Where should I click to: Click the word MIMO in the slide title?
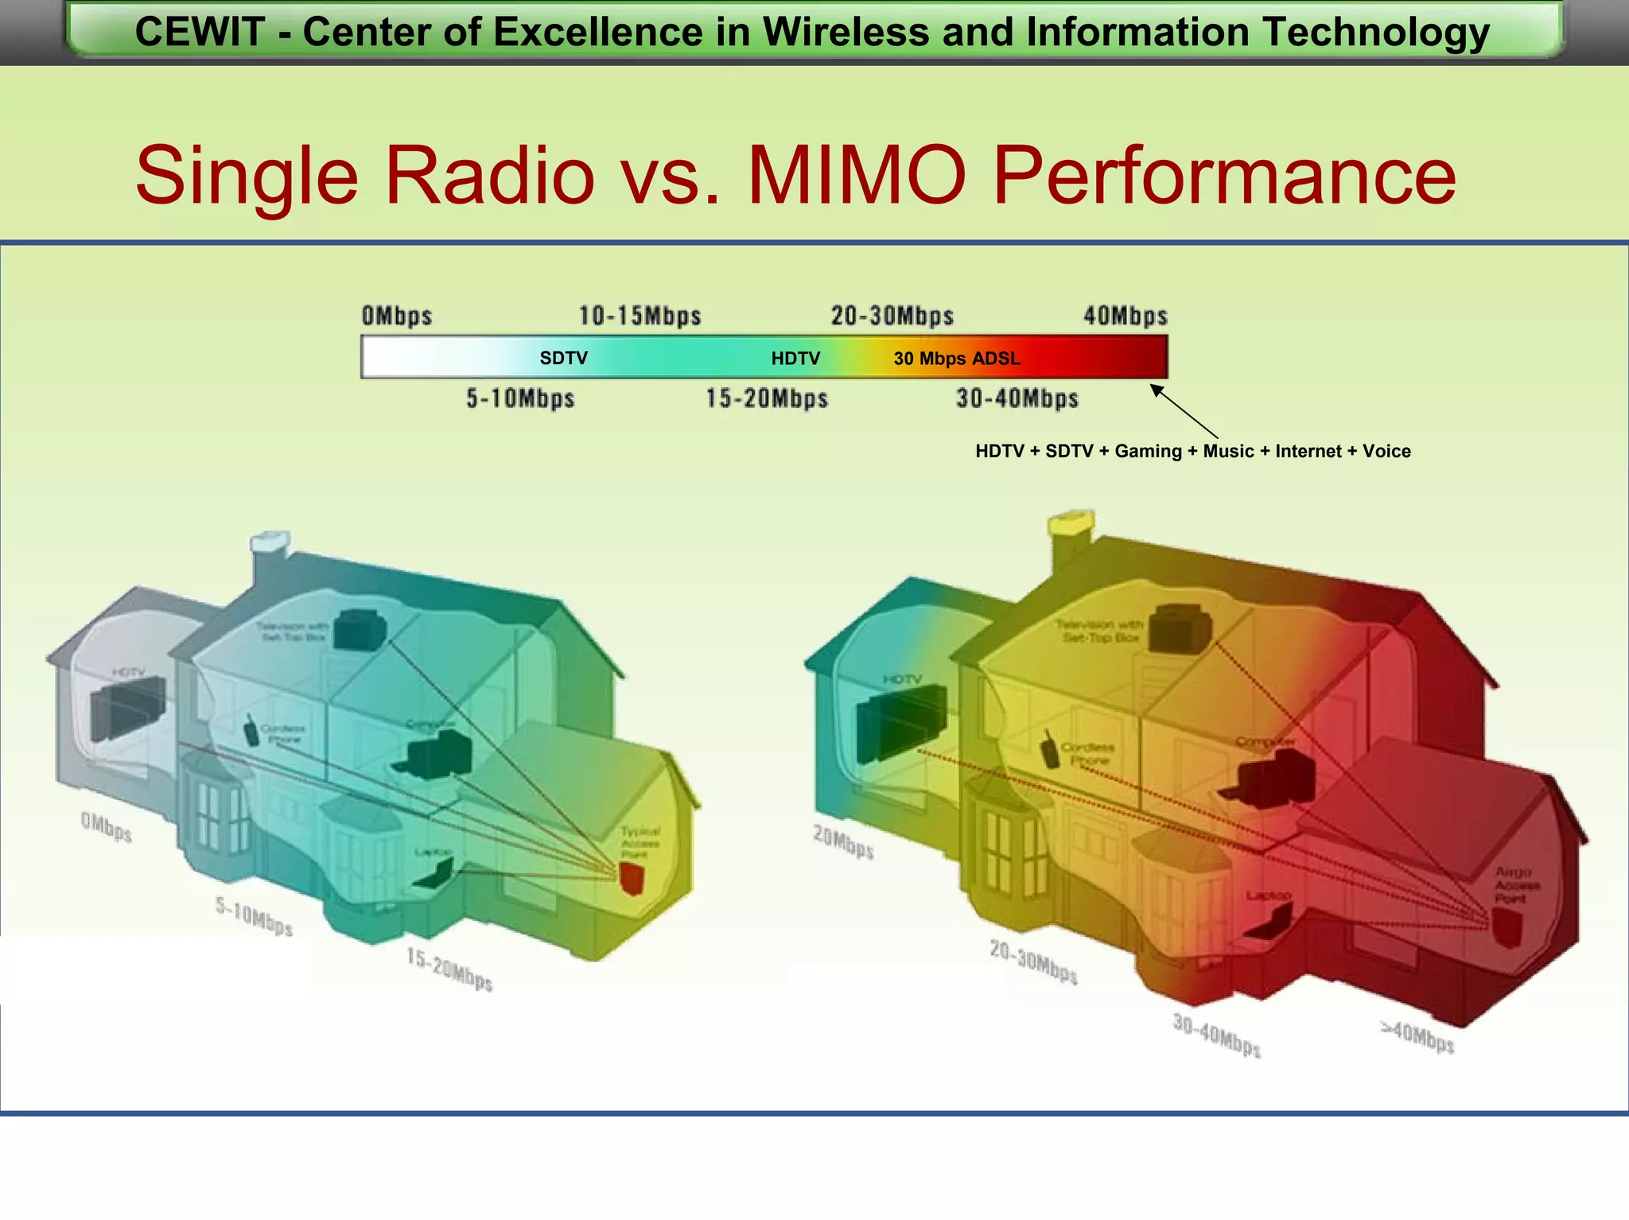pos(857,176)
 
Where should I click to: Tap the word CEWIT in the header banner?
pos(199,33)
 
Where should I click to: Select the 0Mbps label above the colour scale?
pos(397,316)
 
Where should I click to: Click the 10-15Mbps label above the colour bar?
pos(640,316)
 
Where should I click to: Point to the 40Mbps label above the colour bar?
pos(1126,316)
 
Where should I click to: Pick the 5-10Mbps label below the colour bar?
pos(520,398)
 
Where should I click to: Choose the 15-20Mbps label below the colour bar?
pos(767,398)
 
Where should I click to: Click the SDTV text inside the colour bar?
pos(563,358)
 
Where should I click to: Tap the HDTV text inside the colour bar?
pos(795,358)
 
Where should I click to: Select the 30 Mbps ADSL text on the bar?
pos(957,358)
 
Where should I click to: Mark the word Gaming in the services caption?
pos(1148,451)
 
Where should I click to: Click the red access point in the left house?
pos(632,878)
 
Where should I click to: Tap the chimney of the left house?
pos(269,557)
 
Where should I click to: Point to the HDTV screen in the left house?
pos(127,707)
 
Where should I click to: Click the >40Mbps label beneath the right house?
pos(1417,1036)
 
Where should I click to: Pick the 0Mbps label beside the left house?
pos(106,827)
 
